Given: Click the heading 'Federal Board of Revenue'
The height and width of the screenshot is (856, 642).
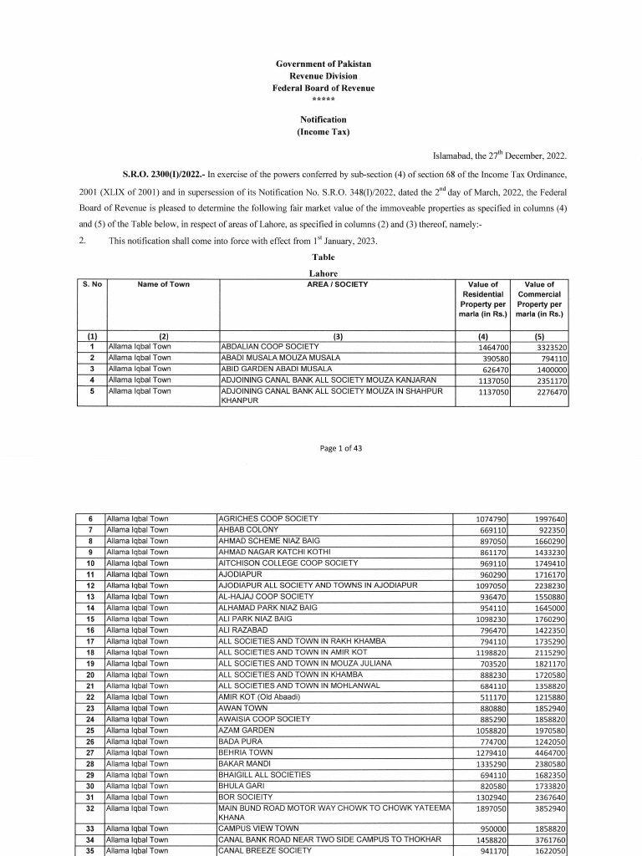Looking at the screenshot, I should click(x=323, y=88).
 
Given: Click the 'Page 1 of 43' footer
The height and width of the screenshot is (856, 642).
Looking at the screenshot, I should click(x=341, y=448).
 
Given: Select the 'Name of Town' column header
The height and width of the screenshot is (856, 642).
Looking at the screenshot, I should click(x=163, y=284).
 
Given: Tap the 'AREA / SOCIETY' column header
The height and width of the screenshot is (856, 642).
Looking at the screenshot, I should click(x=338, y=284).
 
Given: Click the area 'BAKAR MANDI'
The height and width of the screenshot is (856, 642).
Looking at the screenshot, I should click(x=242, y=764).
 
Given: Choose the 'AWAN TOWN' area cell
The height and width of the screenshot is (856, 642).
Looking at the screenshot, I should click(x=242, y=708).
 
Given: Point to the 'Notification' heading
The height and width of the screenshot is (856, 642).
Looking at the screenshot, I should click(x=323, y=120).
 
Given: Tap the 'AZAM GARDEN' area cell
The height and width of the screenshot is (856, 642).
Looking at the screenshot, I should click(x=244, y=731).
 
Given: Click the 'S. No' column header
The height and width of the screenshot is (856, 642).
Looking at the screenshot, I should click(x=92, y=284).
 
